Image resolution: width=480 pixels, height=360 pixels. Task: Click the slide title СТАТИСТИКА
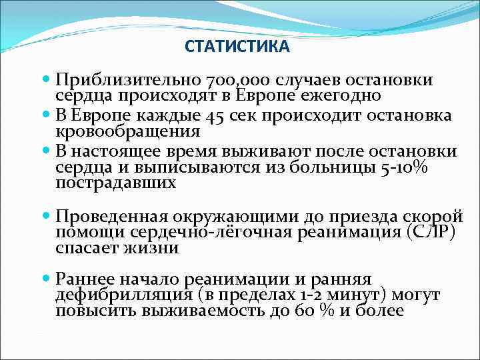click(x=237, y=48)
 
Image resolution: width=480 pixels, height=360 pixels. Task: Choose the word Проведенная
click(x=113, y=216)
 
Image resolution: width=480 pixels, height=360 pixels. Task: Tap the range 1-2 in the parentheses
click(x=308, y=295)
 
